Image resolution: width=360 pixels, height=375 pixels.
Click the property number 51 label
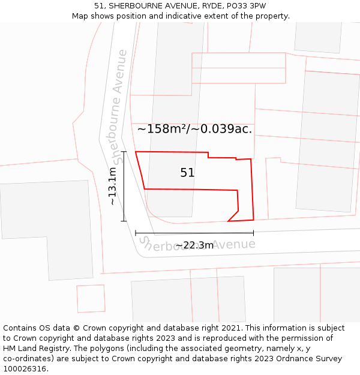click(187, 173)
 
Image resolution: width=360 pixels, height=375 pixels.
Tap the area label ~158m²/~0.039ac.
click(194, 129)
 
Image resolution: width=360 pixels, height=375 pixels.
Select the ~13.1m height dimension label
click(113, 187)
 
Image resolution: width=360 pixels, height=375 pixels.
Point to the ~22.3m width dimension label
click(194, 245)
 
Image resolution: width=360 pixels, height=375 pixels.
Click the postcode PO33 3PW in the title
click(248, 6)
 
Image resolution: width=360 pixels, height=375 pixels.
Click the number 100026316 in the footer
click(25, 369)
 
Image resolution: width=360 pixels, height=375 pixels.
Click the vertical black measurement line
click(124, 187)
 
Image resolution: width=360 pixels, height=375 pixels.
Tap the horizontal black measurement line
click(194, 233)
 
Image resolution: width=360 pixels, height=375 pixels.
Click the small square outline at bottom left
click(91, 298)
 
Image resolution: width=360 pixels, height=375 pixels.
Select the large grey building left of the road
click(48, 228)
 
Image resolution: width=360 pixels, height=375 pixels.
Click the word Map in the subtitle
click(80, 16)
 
